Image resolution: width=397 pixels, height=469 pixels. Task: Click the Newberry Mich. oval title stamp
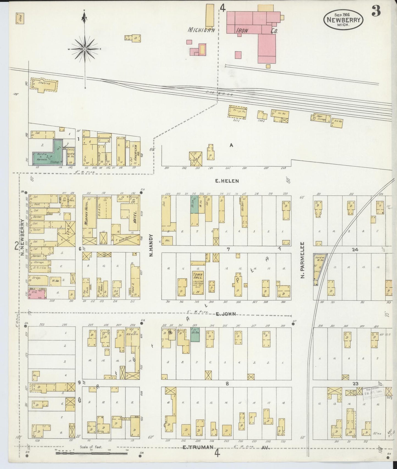343,20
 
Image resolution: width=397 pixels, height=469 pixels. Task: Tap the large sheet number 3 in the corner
376,12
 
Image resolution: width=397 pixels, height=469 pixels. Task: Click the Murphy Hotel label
86,215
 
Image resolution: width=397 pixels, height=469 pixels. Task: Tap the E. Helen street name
227,181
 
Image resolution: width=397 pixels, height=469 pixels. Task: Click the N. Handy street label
151,245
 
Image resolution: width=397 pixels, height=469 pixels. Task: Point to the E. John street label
226,314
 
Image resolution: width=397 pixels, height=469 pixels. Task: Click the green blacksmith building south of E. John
195,334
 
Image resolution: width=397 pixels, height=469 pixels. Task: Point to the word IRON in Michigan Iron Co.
242,31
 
